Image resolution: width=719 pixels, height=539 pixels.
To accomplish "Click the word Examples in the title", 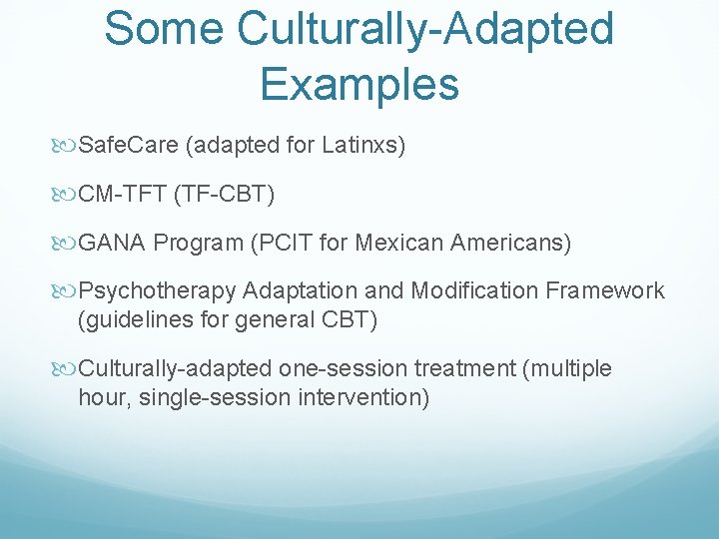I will click(359, 83).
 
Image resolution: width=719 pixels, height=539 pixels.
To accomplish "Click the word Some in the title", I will click(165, 28).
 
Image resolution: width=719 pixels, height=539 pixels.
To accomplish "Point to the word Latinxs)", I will click(363, 146).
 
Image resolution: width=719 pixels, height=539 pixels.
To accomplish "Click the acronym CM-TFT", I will click(122, 194).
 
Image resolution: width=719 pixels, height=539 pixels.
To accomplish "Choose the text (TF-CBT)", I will click(224, 194).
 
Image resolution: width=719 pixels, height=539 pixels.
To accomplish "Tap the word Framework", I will click(604, 290).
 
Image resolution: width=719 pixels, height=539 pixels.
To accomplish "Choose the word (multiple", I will click(567, 368).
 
